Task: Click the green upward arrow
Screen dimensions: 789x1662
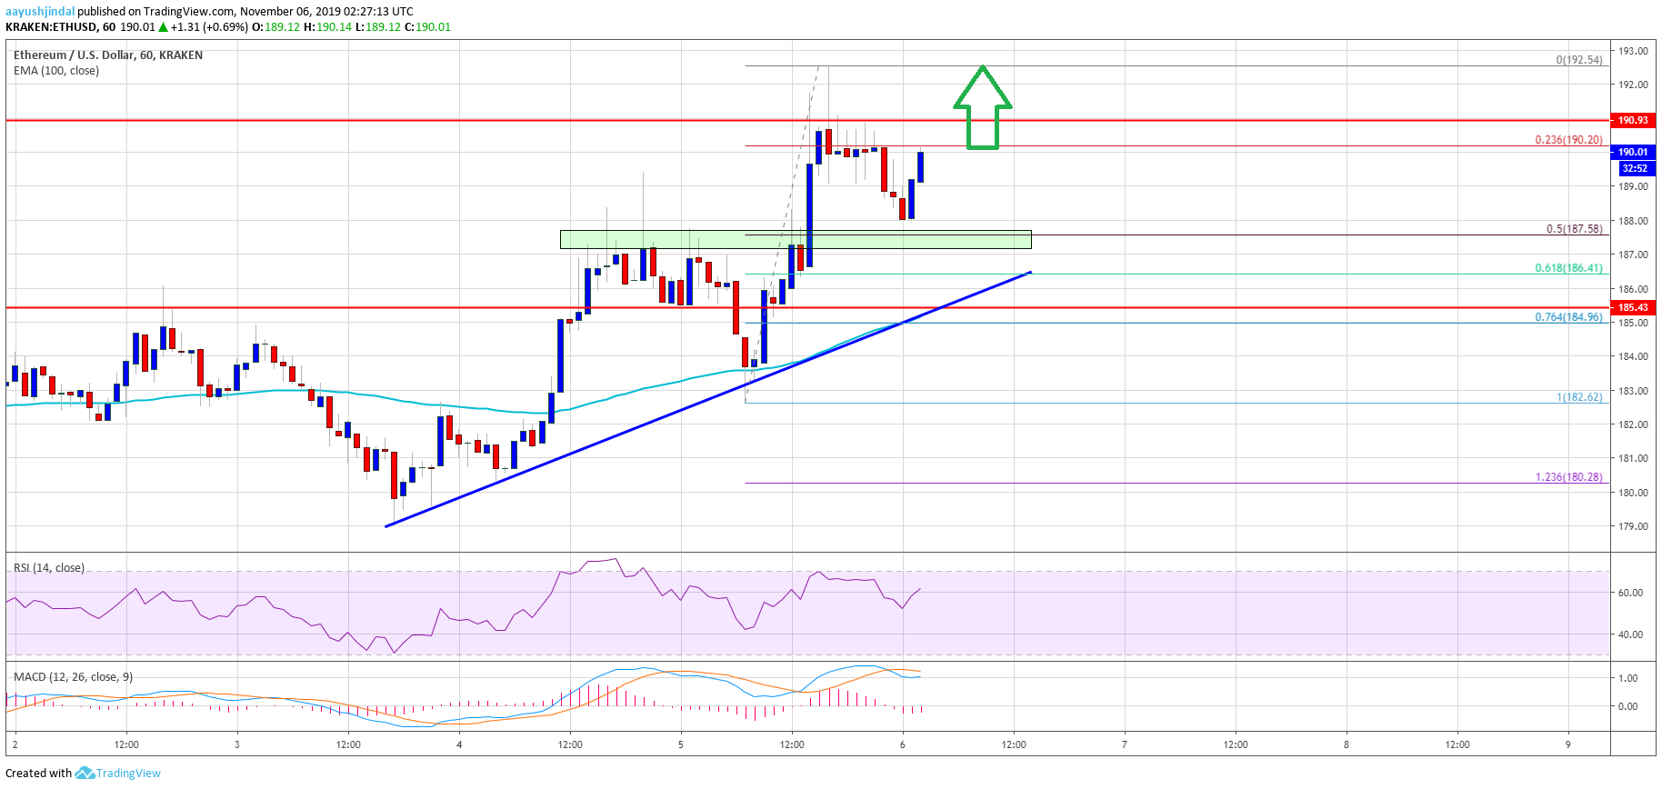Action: (982, 109)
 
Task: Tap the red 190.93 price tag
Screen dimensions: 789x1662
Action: (1632, 120)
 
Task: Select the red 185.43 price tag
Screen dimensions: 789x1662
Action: (1632, 307)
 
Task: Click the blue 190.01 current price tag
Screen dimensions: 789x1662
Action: (1632, 152)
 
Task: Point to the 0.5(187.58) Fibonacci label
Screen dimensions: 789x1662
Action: (1574, 229)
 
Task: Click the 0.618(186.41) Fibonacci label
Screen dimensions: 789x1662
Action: (1568, 268)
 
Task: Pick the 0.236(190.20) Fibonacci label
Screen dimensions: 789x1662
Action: (1568, 140)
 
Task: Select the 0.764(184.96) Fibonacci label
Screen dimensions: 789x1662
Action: (1568, 317)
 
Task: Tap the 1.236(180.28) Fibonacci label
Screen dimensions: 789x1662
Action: (1568, 477)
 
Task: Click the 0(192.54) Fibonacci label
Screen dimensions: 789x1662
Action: (1578, 60)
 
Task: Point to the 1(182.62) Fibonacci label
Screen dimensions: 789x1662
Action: (1578, 397)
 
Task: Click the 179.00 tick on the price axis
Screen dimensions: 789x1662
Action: (1632, 526)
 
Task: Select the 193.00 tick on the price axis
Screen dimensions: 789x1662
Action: (1632, 51)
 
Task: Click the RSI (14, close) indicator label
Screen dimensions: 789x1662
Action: (49, 568)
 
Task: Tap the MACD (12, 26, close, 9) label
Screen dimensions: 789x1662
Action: (73, 677)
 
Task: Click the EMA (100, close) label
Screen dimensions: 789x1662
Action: (56, 71)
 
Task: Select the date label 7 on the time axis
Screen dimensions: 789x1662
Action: (1124, 744)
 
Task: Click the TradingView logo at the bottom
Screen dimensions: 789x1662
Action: (118, 774)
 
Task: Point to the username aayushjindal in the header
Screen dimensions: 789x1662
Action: (40, 12)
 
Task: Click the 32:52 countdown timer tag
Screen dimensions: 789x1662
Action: (1634, 168)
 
